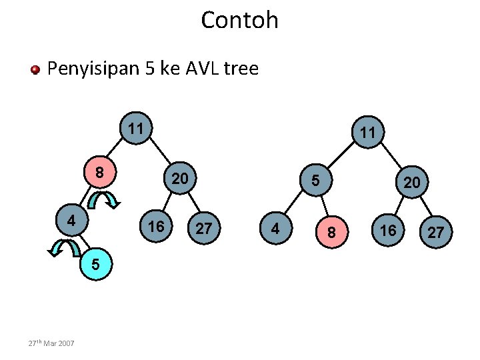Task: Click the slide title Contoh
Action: pos(239,20)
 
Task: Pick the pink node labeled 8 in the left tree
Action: pos(99,173)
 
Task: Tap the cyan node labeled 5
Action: pos(96,265)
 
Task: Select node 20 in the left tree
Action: pos(179,179)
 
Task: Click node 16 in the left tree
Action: pos(155,227)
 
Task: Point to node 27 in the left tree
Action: pos(204,229)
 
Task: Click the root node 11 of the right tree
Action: pos(367,133)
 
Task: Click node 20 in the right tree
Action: pos(411,182)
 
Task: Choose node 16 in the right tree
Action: pos(388,230)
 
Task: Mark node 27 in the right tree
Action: pos(435,233)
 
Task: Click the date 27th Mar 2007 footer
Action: pos(51,343)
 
